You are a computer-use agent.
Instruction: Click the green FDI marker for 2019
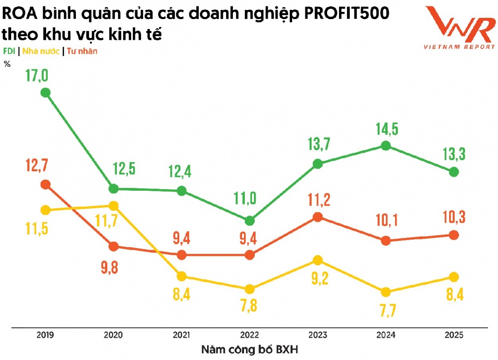[45, 92]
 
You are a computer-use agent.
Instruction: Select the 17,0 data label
[37, 76]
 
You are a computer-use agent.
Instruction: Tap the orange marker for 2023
[317, 217]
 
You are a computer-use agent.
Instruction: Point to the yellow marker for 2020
[113, 206]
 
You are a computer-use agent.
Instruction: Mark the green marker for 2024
[386, 146]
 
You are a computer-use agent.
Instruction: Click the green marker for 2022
[249, 220]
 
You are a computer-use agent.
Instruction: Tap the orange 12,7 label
[37, 168]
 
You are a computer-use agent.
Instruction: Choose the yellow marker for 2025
[454, 277]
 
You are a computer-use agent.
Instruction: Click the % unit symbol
[7, 64]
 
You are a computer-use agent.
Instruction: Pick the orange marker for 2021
[181, 255]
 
